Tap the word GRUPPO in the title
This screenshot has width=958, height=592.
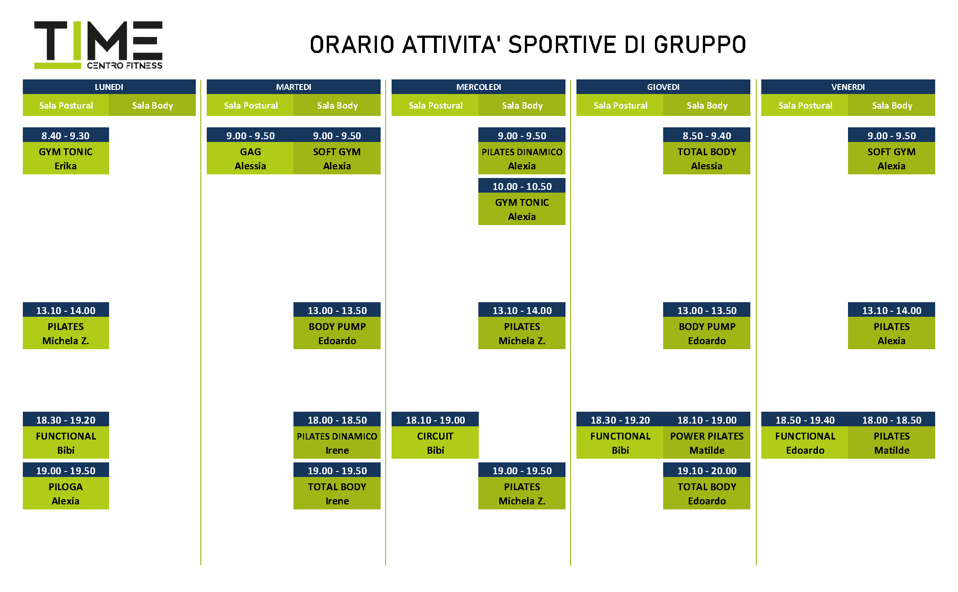click(x=700, y=45)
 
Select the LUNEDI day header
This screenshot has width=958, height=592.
click(x=109, y=87)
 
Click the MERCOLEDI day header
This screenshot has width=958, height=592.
click(x=478, y=87)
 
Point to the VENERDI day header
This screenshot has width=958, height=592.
click(x=848, y=87)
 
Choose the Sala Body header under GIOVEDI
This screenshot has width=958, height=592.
click(x=707, y=105)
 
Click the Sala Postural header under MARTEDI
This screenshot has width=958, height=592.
click(x=250, y=105)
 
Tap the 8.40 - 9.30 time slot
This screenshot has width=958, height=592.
click(x=66, y=135)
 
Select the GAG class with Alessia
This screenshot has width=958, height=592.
click(x=250, y=158)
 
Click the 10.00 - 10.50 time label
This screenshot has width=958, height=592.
click(x=522, y=186)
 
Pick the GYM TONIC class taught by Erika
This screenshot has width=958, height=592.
click(x=66, y=158)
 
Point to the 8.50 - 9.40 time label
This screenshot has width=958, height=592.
click(x=707, y=135)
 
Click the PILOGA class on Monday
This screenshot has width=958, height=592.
click(x=66, y=493)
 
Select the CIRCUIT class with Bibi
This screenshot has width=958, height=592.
click(x=435, y=443)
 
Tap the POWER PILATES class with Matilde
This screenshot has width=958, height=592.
click(x=707, y=443)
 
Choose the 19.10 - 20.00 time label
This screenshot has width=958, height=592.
click(x=707, y=470)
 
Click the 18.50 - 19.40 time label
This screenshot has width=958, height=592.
click(x=805, y=419)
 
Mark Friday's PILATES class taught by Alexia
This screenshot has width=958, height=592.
click(x=891, y=333)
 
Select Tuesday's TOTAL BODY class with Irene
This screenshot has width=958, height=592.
click(x=337, y=493)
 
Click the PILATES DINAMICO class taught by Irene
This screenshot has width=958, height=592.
click(x=337, y=443)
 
